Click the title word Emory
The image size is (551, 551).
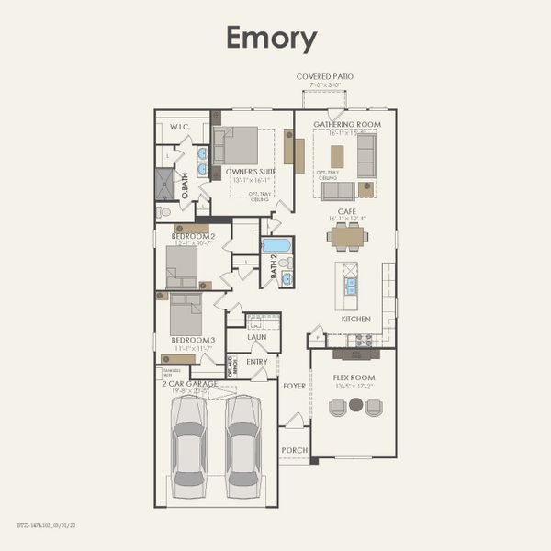(272, 39)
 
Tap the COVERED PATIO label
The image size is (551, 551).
(324, 76)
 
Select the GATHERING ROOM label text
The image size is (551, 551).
(347, 124)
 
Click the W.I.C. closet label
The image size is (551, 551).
(180, 127)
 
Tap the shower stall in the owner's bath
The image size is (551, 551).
(164, 184)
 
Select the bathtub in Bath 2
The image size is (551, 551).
(276, 246)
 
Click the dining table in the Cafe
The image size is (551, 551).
(347, 237)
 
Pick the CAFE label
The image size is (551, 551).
(347, 211)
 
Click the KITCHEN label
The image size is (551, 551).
(355, 319)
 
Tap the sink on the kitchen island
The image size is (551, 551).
(350, 285)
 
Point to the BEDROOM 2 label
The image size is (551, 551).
(193, 236)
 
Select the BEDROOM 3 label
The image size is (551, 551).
(192, 341)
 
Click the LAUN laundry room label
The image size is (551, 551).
(257, 337)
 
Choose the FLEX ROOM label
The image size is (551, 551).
(354, 377)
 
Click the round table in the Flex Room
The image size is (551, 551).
(355, 404)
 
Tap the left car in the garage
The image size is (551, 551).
(189, 439)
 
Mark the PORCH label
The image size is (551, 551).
(294, 450)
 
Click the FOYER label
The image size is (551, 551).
(294, 387)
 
